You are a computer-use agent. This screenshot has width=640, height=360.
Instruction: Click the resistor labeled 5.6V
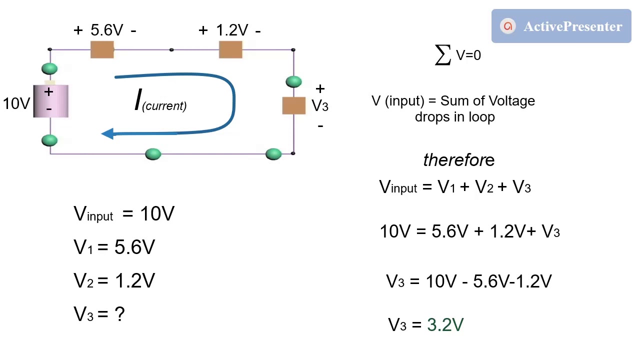[x=102, y=50]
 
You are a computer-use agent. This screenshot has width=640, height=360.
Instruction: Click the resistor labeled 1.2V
[x=230, y=50]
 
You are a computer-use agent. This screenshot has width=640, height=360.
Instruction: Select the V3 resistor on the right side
[x=293, y=105]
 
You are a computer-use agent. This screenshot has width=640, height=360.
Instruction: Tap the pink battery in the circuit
[x=50, y=101]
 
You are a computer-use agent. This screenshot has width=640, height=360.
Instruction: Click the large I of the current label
[x=138, y=100]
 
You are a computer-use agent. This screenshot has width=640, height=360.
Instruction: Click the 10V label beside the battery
[x=16, y=103]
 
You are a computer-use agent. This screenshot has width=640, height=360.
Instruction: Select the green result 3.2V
[x=445, y=325]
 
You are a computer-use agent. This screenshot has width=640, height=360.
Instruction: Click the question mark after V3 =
[x=119, y=314]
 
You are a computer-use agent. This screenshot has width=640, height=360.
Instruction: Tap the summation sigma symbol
[x=443, y=54]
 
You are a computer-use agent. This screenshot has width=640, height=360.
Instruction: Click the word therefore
[x=458, y=160]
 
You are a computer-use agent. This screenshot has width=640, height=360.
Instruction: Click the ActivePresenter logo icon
[x=508, y=26]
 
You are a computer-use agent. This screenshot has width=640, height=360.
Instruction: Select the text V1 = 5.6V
[x=114, y=247]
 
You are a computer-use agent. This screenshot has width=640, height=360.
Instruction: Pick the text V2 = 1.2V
[x=114, y=281]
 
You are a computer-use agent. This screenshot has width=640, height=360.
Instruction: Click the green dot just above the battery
[x=49, y=68]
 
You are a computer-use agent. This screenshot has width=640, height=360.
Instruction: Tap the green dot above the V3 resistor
[x=293, y=81]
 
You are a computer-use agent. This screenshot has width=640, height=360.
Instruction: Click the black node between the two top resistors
[x=171, y=49]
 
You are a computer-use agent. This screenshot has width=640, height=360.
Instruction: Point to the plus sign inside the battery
[x=48, y=92]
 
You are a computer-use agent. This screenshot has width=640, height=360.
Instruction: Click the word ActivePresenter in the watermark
[x=572, y=26]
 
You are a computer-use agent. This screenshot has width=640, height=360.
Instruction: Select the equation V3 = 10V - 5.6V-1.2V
[x=468, y=281]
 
